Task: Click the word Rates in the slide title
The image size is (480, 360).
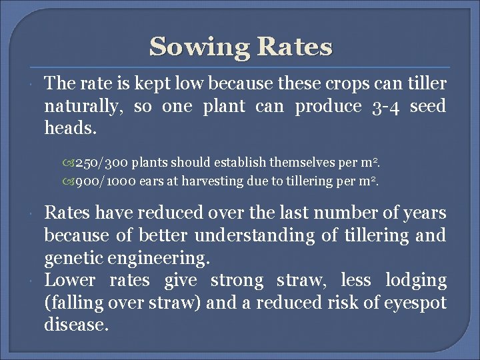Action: [294, 47]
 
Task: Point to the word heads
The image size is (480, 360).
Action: [70, 128]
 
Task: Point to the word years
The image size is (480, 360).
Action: [425, 213]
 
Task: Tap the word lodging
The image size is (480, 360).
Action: [422, 281]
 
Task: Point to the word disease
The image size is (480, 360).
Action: [76, 325]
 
